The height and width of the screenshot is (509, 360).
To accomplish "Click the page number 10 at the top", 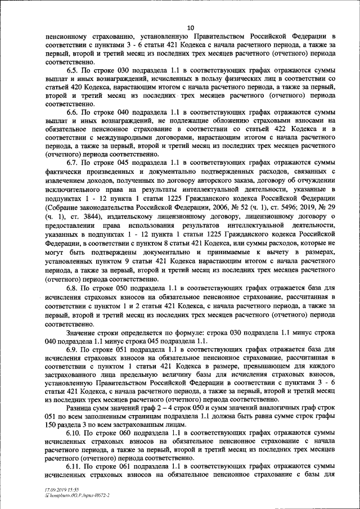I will click(x=190, y=26).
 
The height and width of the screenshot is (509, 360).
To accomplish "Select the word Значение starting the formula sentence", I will click(x=83, y=334).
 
